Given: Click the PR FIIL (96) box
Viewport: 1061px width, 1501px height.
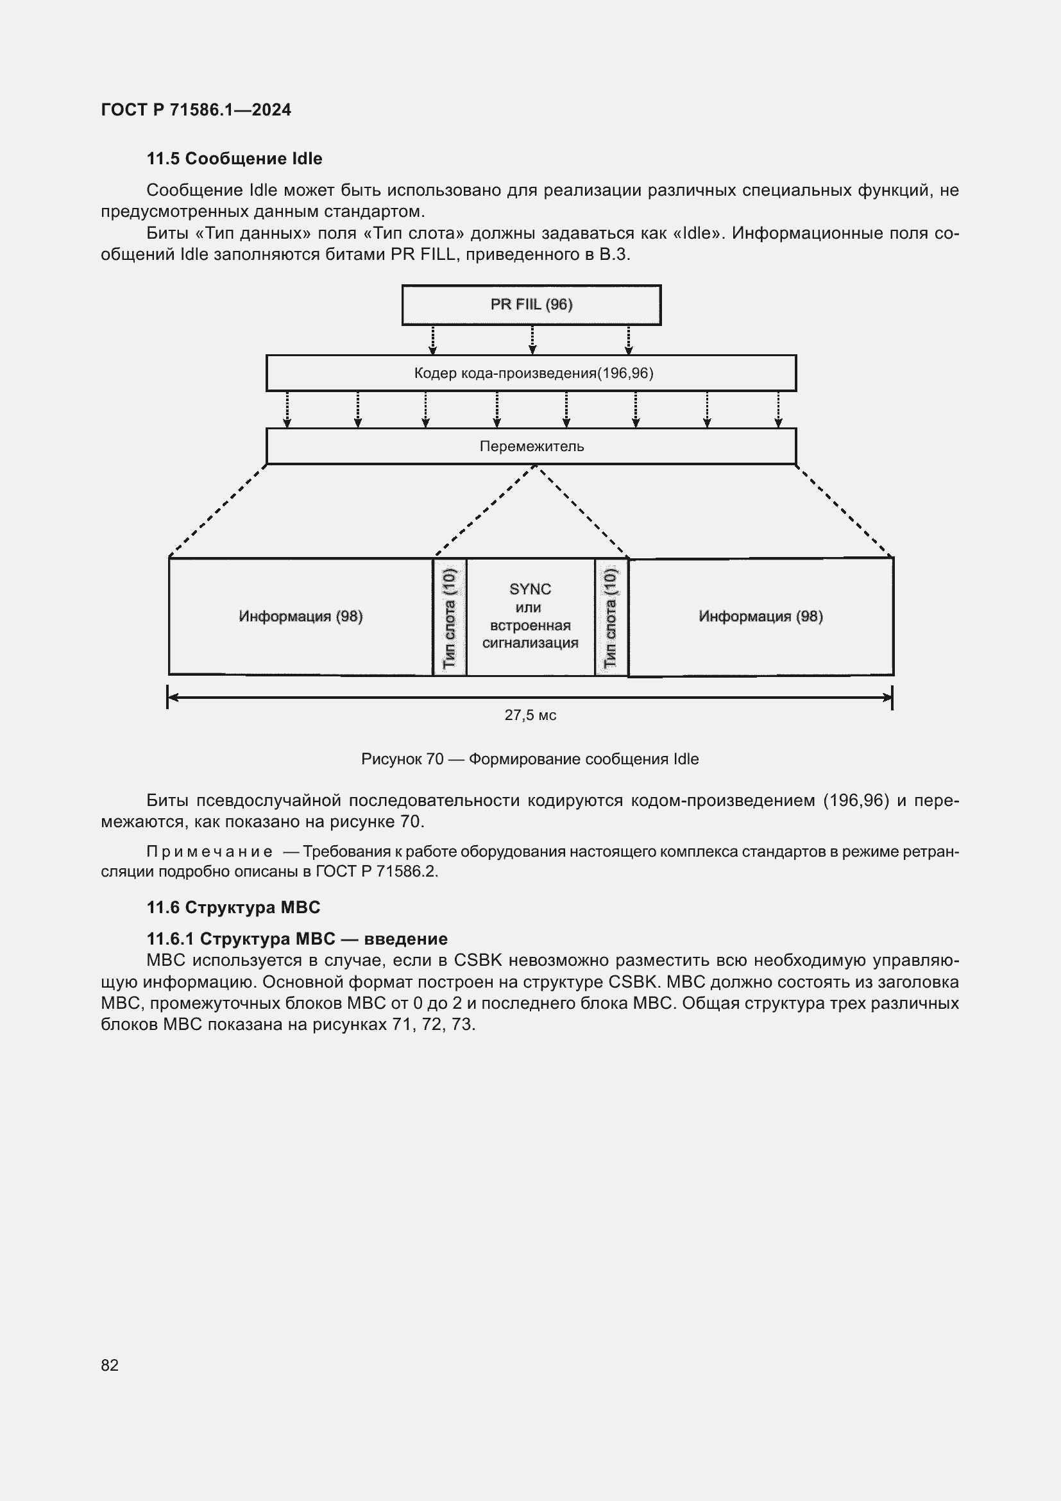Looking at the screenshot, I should pos(531,305).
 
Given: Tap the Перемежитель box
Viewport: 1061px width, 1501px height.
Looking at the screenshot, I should pos(531,447).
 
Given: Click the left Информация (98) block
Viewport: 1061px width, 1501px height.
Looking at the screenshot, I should pos(300,617).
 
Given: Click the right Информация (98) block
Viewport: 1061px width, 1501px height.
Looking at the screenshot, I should pos(761,617).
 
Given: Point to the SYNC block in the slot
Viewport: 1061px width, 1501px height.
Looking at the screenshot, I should pos(530,616).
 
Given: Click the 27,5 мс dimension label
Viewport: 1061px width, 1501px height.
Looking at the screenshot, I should pos(530,715).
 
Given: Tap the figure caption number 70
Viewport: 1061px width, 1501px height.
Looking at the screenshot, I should pos(435,759).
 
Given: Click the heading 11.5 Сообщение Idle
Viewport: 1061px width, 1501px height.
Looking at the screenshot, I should pos(234,159).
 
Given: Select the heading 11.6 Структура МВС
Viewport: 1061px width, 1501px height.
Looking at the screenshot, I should pos(233,907).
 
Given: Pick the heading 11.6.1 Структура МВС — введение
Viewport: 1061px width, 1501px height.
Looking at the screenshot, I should pos(296,939).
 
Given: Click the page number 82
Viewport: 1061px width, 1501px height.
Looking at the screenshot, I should pos(110,1365).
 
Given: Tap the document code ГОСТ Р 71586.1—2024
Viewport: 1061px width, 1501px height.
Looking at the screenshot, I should pos(196,110).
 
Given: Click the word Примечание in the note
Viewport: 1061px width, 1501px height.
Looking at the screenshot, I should pos(209,852).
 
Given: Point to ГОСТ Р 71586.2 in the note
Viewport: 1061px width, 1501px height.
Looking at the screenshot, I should pos(376,871).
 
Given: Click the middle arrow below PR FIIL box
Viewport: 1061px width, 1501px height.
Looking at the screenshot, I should pos(532,340).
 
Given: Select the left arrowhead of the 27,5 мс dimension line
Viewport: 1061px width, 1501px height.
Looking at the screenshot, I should pos(173,698).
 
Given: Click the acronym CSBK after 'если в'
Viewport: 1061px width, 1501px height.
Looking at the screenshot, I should pos(478,961).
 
